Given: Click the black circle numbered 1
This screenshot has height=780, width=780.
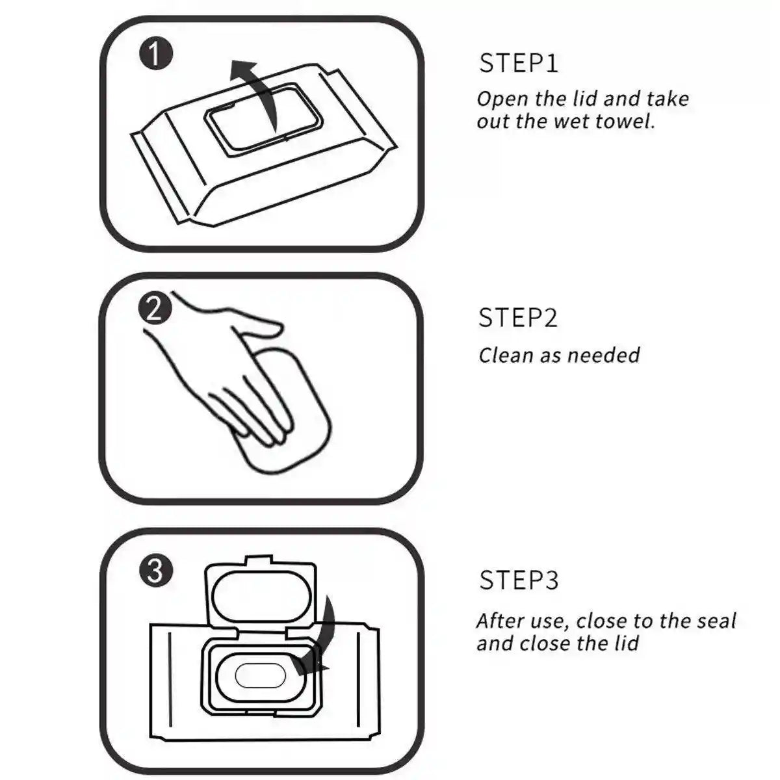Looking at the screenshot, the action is click(x=156, y=53).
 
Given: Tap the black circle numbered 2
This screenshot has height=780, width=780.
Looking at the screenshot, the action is click(x=155, y=309).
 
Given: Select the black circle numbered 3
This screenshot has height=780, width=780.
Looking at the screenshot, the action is click(x=156, y=571).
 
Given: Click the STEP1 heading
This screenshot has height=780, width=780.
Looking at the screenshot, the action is click(x=519, y=63).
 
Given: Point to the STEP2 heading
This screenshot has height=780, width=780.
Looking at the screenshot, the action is click(x=517, y=317).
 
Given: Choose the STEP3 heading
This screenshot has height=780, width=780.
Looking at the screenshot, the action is click(x=519, y=580).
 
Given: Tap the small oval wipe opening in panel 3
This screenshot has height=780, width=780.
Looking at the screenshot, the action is click(x=260, y=676).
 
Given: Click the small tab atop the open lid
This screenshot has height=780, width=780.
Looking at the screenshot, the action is click(x=259, y=560).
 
